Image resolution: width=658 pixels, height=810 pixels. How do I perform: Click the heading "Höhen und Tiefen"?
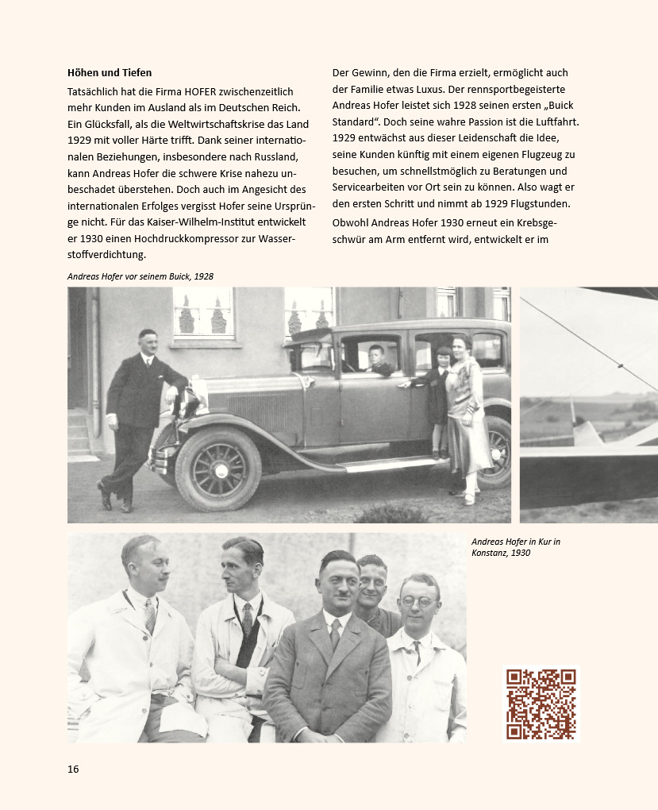click(x=110, y=73)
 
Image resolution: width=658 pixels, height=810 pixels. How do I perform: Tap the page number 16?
click(x=73, y=769)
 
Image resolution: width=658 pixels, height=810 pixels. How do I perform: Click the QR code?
click(x=541, y=704)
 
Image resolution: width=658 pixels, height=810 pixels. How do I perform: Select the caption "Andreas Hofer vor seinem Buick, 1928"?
click(x=140, y=276)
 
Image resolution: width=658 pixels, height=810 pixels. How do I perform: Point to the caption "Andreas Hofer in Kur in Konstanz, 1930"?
click(x=516, y=547)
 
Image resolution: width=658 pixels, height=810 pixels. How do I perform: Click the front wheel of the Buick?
click(x=217, y=469)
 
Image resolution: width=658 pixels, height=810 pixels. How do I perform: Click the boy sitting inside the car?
click(x=376, y=360)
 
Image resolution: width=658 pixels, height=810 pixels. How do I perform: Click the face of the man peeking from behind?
click(x=371, y=580)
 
